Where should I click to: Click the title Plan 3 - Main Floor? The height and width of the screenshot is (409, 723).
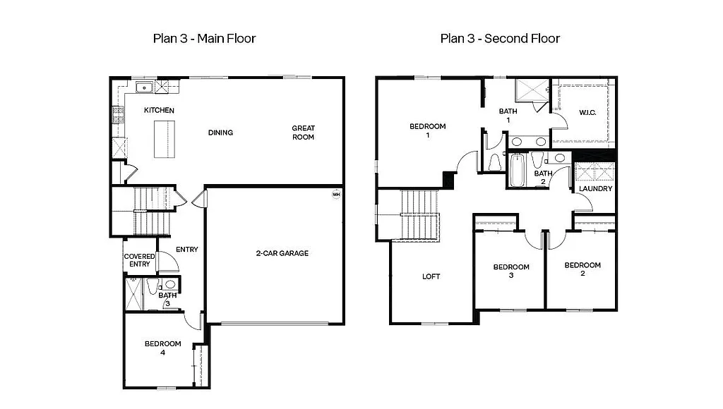(204, 38)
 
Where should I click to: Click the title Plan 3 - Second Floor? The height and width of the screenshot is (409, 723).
(500, 38)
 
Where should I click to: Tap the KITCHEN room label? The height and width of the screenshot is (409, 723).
(159, 111)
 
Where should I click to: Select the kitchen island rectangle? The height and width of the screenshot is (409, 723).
(164, 139)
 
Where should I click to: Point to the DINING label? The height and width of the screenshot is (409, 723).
(220, 133)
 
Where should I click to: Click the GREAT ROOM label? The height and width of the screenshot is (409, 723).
(304, 133)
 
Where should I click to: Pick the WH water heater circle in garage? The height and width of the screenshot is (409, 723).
(336, 194)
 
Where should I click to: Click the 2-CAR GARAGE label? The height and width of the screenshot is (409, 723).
(282, 253)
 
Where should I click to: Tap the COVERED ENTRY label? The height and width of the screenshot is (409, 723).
(139, 260)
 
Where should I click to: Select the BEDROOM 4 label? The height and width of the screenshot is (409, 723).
(162, 348)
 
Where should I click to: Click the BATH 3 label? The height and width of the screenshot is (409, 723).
(167, 299)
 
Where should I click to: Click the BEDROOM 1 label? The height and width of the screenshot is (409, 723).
(427, 130)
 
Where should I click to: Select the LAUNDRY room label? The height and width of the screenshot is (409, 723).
(595, 189)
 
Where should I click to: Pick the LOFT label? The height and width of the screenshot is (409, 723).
(431, 276)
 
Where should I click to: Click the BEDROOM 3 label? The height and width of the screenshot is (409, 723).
(510, 271)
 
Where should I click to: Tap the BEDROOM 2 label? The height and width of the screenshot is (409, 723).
(582, 269)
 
